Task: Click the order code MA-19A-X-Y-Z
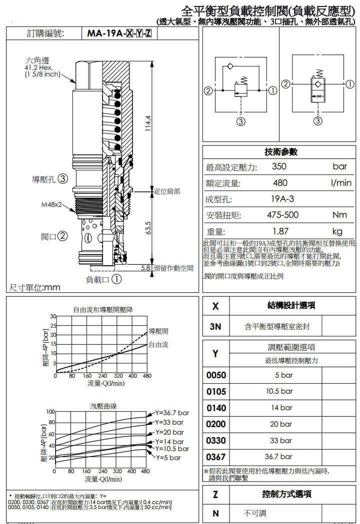pos(119,33)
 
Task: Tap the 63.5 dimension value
pos(148,228)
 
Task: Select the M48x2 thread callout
pos(52,204)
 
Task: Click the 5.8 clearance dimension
pos(145,268)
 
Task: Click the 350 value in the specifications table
pos(279,167)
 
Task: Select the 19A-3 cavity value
pos(282,199)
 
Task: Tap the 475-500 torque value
pos(283,215)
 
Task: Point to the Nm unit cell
pos(339,215)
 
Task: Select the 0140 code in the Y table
pos(216,408)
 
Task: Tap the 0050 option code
pos(216,375)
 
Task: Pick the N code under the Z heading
pos(215,513)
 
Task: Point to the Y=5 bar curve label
pos(168,458)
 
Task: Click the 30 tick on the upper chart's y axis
pos(52,317)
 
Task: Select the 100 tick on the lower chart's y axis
pos(50,412)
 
